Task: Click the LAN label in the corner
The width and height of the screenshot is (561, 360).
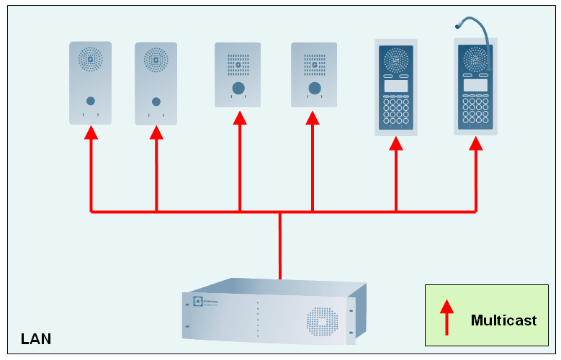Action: click(36, 338)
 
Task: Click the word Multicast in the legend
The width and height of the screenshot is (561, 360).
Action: click(503, 320)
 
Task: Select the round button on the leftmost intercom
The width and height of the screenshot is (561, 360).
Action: click(91, 101)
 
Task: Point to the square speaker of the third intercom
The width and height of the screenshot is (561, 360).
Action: click(238, 64)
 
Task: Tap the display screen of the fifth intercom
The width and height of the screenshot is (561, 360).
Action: click(396, 86)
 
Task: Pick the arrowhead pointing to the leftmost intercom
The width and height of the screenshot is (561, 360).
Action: click(91, 132)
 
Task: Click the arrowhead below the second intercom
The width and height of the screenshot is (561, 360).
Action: click(156, 132)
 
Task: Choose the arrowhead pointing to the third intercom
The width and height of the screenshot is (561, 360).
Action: click(240, 117)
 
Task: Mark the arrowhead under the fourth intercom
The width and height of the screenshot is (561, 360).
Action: click(313, 117)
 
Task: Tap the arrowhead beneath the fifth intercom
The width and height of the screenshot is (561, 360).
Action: click(396, 143)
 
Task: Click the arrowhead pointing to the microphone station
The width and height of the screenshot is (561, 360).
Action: click(476, 143)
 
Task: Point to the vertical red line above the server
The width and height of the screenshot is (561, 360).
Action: click(280, 245)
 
